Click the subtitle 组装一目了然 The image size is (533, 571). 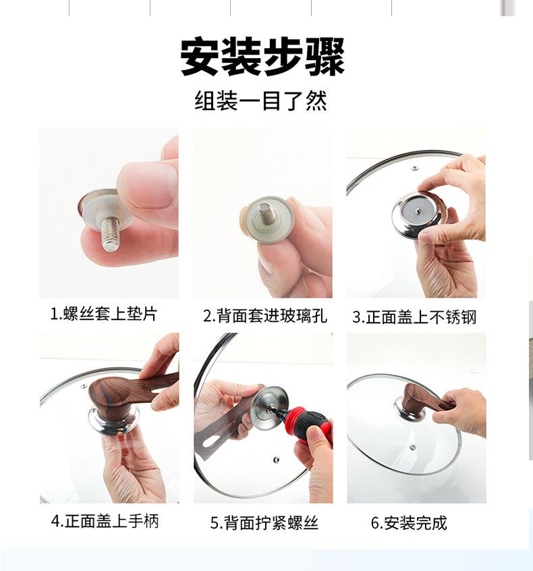[261, 101]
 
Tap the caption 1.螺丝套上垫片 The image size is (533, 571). [104, 314]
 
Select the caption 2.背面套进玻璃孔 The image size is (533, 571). [265, 316]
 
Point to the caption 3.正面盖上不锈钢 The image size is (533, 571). [414, 317]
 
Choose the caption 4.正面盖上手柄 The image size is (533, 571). [105, 521]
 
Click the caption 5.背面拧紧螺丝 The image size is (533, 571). [264, 523]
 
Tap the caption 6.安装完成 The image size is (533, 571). [408, 523]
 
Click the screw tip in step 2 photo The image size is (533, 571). [264, 209]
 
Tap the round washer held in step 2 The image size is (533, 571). [269, 219]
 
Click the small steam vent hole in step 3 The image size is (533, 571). [415, 168]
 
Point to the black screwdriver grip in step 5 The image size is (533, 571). [312, 423]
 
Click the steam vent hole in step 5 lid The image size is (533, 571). [277, 459]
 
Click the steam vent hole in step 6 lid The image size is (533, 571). [412, 447]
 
